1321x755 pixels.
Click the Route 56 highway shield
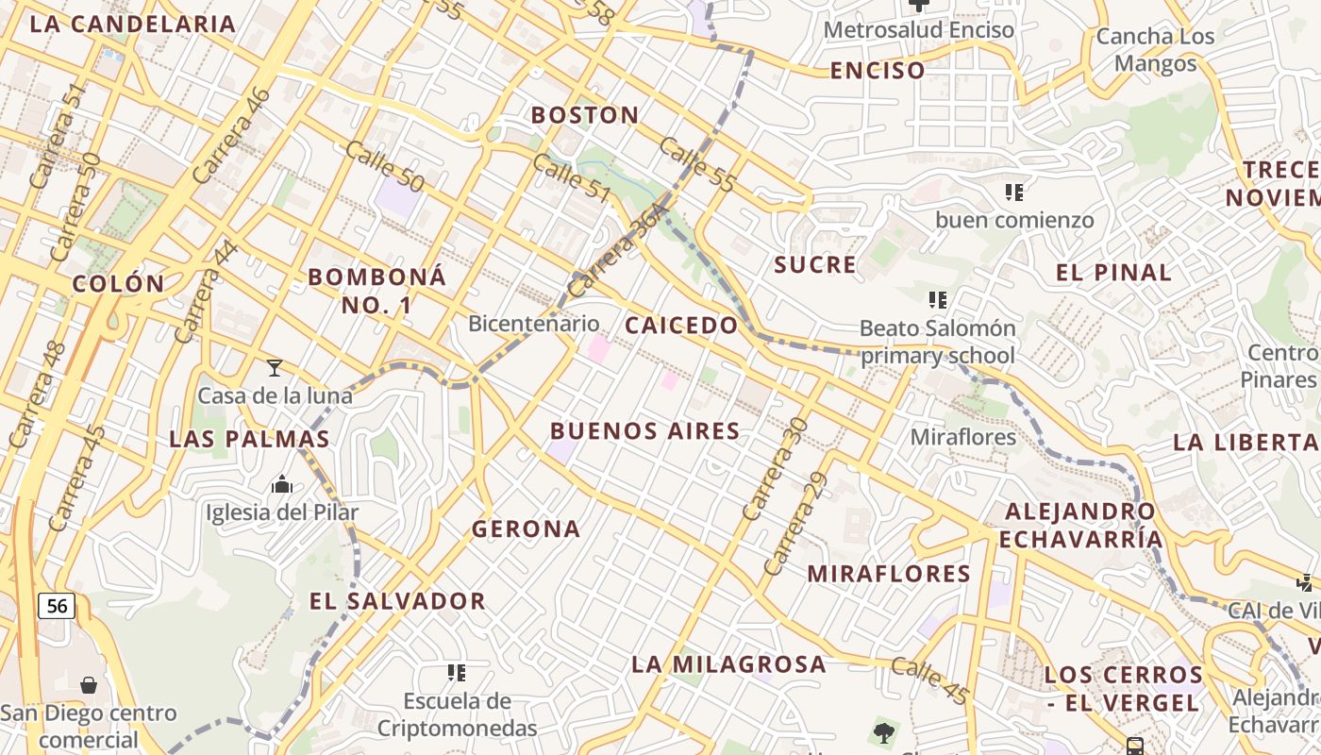point(57,605)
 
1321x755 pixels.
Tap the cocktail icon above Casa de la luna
point(275,367)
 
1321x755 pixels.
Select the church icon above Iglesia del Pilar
point(282,485)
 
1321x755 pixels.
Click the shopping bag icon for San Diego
point(89,684)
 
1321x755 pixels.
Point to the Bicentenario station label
point(534,324)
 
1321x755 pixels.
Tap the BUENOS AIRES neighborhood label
point(644,431)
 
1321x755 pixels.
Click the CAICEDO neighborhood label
point(681,326)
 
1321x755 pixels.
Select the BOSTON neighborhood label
point(585,115)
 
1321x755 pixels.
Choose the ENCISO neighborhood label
point(878,70)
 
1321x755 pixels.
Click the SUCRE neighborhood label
point(815,265)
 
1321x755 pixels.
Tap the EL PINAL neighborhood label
point(1113,273)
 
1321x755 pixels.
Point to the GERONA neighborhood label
point(527,528)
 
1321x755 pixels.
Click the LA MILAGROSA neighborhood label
point(728,664)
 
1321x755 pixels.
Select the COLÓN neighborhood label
point(118,283)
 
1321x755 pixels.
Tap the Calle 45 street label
point(930,680)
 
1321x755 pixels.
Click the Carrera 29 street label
point(795,524)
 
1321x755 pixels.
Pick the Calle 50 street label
point(384,166)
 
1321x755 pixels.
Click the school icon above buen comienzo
point(1014,193)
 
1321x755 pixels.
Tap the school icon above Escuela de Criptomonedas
point(457,673)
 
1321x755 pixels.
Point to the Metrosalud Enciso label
point(918,30)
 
